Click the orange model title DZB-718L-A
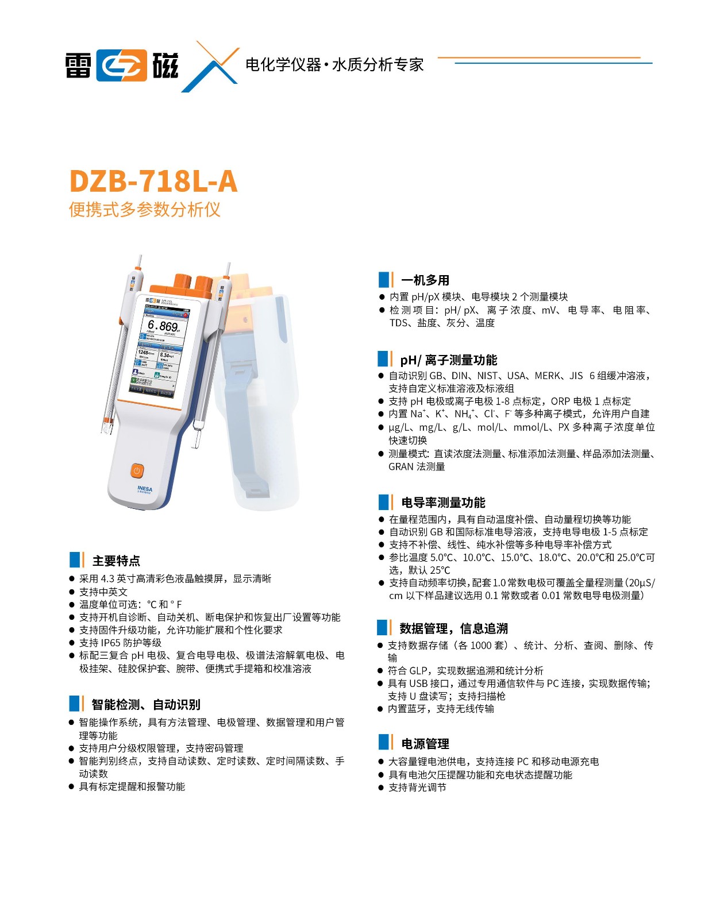coord(153,181)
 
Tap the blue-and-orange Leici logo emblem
coord(121,65)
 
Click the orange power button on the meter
coord(137,470)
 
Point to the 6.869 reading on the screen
coord(163,326)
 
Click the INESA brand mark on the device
coord(145,489)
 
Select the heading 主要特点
coord(116,561)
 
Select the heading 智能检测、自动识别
coord(146,704)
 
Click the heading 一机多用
coord(425,280)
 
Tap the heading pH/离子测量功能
coord(448,360)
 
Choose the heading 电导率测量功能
coord(443,503)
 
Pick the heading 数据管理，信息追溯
coord(453,628)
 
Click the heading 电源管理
coord(425,744)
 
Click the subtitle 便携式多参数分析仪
coord(145,210)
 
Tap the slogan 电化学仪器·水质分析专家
coord(334,64)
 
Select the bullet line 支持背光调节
coord(417,787)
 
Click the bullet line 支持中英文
coord(103,592)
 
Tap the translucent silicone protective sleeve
coord(259,402)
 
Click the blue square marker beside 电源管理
coord(383,742)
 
